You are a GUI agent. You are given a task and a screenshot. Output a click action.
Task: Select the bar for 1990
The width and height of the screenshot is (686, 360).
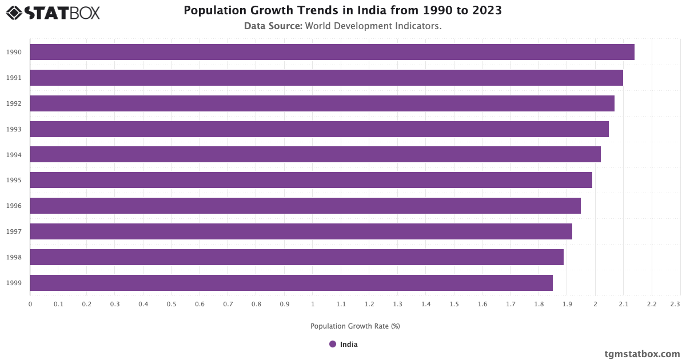click(332, 52)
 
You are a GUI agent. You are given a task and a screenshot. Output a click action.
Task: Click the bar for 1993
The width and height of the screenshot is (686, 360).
click(319, 129)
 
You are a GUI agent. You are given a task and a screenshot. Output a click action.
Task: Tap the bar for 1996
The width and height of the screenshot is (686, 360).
click(305, 206)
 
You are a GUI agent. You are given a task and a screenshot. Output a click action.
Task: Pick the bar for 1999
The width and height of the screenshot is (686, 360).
click(291, 283)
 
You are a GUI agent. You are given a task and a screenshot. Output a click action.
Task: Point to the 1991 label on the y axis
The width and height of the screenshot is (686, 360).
click(14, 78)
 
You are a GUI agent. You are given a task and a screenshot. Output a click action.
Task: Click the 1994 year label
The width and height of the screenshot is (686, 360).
click(14, 155)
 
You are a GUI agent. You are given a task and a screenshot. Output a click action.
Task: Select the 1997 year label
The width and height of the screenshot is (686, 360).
click(14, 231)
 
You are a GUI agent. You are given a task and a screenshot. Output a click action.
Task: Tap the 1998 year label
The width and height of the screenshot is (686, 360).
click(14, 257)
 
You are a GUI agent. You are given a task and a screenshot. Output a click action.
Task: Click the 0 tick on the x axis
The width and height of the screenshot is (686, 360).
click(30, 304)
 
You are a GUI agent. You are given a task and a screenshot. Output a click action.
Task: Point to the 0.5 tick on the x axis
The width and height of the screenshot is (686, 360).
click(171, 304)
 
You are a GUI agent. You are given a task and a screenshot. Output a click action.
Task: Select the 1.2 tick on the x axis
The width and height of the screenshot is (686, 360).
click(369, 304)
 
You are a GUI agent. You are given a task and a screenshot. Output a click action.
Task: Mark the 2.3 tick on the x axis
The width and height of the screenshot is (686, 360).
click(675, 304)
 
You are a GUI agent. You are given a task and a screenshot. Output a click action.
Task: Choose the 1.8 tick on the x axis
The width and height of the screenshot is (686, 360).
click(539, 304)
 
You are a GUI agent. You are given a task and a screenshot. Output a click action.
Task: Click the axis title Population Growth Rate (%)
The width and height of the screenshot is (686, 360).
click(355, 326)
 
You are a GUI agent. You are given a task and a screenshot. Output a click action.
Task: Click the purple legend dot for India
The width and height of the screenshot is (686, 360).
click(333, 344)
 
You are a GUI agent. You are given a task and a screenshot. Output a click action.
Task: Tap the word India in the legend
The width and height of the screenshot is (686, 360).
click(349, 345)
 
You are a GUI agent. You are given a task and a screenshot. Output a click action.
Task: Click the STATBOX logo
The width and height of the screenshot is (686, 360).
click(53, 13)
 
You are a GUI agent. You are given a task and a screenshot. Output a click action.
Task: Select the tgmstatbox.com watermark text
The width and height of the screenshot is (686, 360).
click(642, 354)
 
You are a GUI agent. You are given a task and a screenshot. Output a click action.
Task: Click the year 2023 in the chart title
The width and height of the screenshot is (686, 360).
click(486, 10)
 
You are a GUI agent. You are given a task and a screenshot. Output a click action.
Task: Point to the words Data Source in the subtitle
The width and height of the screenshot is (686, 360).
click(273, 26)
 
